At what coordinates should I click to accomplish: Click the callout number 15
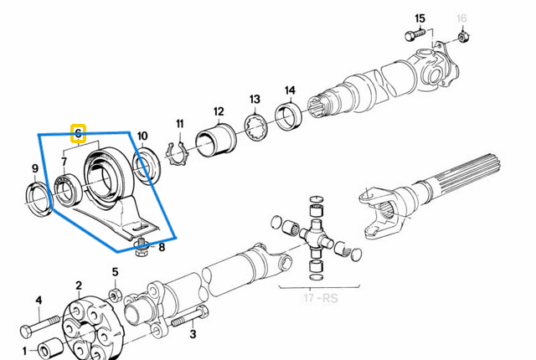point(420,18)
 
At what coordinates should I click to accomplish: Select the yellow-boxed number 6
point(78,133)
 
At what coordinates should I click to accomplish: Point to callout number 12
point(218,111)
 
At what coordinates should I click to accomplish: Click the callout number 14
point(290,90)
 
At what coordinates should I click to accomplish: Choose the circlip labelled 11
point(176,155)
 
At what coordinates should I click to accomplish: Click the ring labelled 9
point(37,201)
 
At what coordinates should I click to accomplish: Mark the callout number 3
point(193,335)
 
